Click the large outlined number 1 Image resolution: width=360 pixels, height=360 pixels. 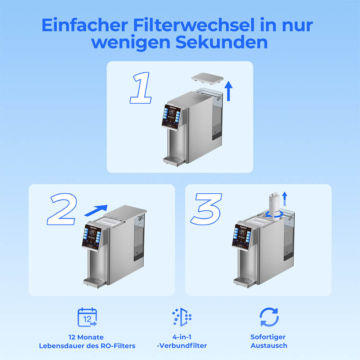point(140,87)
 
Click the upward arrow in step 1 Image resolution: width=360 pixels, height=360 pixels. point(229,91)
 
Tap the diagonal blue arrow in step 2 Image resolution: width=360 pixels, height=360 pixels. point(96,210)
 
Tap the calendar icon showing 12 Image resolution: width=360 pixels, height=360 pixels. point(87,317)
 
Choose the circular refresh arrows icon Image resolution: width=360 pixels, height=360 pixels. point(269,317)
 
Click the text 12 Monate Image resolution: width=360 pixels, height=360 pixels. point(86,337)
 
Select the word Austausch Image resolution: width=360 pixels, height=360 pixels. point(269,346)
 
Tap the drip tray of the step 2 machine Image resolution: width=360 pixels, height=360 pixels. point(94,282)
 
